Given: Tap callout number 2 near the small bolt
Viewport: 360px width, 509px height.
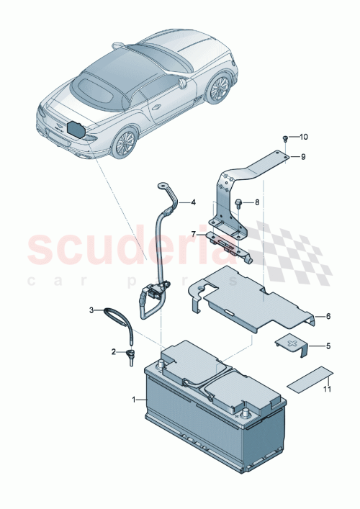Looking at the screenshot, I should (113, 352).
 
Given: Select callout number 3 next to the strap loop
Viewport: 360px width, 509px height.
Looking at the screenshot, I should (92, 310).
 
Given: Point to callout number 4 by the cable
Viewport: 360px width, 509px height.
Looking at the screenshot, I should (193, 203).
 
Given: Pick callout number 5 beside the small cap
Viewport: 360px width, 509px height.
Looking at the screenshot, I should (328, 346).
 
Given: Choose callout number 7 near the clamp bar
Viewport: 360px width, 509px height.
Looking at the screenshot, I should (193, 234).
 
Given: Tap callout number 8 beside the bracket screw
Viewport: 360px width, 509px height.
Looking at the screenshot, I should (257, 204).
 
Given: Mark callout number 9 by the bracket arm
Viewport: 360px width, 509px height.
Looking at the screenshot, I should (303, 156).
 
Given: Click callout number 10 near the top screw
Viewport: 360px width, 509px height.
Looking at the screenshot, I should (303, 136).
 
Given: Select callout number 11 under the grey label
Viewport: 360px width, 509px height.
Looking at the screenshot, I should (328, 389).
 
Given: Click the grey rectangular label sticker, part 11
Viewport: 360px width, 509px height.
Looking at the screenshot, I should (310, 377).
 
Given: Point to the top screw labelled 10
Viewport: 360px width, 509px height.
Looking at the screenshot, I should (285, 138).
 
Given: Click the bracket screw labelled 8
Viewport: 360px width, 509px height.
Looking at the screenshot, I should (239, 204).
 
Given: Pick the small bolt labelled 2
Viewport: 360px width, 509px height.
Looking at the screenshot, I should (132, 354).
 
